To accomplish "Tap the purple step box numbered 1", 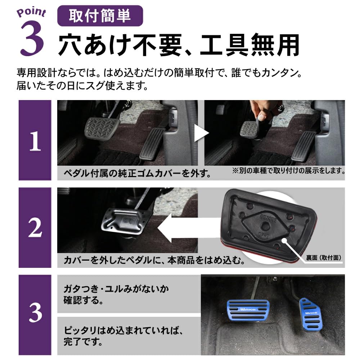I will [x=35, y=140].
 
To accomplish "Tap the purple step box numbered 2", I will [x=35, y=228].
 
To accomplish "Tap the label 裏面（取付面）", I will [x=323, y=258].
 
